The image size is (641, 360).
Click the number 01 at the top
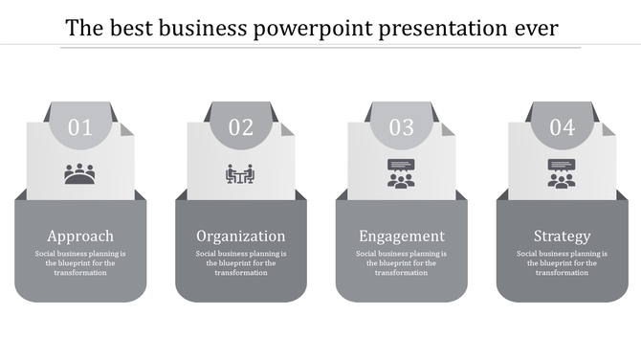(x=80, y=127)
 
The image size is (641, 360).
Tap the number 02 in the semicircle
(x=241, y=127)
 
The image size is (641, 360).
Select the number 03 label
(x=402, y=127)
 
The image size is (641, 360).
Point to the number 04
(x=563, y=127)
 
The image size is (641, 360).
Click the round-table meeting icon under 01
(x=80, y=174)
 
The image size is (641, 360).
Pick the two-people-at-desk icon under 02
(x=240, y=174)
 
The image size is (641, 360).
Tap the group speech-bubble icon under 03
(x=401, y=173)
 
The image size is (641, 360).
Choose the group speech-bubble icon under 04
(x=562, y=173)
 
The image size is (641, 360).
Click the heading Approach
(x=80, y=236)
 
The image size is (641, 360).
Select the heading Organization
(x=241, y=236)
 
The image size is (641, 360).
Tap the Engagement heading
(x=402, y=236)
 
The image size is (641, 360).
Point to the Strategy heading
(x=563, y=236)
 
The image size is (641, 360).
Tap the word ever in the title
(x=536, y=29)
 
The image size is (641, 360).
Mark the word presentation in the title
(x=442, y=29)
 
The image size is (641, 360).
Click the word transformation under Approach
(x=80, y=272)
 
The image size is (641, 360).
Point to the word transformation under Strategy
(x=563, y=272)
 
